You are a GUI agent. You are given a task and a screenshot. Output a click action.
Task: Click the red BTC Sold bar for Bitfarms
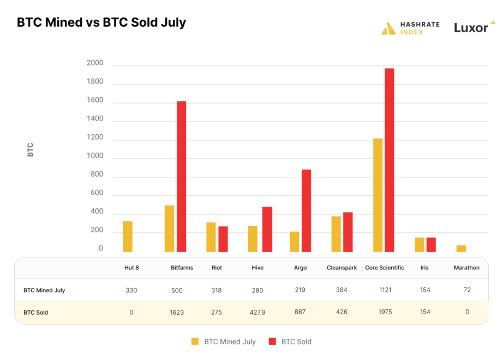point(181,176)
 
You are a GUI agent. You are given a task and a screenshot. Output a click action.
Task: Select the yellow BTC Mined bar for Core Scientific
point(378,195)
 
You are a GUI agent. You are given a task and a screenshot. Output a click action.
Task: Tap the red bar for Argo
point(306,211)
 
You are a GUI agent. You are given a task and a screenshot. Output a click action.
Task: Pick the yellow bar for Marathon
point(461,248)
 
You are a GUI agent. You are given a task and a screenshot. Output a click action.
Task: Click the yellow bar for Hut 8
point(128,236)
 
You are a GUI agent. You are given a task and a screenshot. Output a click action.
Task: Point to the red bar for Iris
point(431,244)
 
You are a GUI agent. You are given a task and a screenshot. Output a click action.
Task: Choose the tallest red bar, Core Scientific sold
point(390,160)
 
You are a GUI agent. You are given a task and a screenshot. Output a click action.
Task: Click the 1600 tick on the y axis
point(94,100)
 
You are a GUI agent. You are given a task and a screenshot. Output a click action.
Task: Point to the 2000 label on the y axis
point(94,63)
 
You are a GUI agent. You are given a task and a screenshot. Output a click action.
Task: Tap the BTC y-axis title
point(31,149)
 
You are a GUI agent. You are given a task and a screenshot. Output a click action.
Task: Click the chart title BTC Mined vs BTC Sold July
point(101,23)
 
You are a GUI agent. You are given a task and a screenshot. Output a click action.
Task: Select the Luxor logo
point(474,27)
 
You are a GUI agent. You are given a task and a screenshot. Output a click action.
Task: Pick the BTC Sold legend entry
point(290,341)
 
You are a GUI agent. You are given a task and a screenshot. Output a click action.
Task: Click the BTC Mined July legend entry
point(223,341)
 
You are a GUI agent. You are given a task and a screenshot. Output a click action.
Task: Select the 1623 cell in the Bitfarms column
point(177,312)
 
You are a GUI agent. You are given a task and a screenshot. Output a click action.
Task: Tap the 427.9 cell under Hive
point(258,312)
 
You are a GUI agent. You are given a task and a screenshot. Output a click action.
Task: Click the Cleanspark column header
point(342,268)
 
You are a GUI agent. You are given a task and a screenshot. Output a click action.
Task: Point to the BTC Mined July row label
point(44,290)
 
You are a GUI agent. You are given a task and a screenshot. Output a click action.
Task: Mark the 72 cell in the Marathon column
point(467,290)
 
